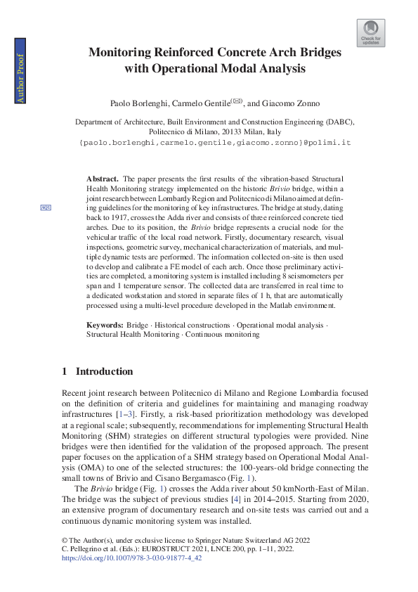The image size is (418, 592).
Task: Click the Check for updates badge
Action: tap(370, 32)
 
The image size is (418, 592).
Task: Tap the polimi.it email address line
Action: tap(215, 142)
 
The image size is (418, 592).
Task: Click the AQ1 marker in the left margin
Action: tap(46, 207)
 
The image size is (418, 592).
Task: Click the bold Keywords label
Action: tap(105, 326)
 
